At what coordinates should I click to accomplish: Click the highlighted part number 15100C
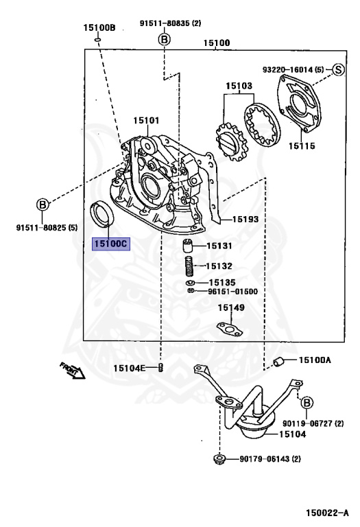[x=111, y=244]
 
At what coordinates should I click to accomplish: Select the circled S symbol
[x=339, y=69]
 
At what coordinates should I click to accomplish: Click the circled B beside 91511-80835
[x=164, y=40]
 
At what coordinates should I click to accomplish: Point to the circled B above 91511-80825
[x=43, y=204]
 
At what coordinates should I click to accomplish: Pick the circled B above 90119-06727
[x=307, y=403]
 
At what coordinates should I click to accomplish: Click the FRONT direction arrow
[x=73, y=371]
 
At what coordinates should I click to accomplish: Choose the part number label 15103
[x=239, y=86]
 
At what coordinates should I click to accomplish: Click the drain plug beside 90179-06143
[x=219, y=459]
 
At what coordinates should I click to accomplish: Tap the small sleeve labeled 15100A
[x=278, y=362]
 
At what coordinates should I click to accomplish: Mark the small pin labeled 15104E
[x=160, y=367]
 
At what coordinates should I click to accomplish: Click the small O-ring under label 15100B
[x=98, y=40]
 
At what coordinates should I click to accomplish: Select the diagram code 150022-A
[x=327, y=513]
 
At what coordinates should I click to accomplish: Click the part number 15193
[x=245, y=220]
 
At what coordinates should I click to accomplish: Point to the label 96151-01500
[x=232, y=292]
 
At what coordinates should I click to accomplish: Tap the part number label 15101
[x=147, y=120]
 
